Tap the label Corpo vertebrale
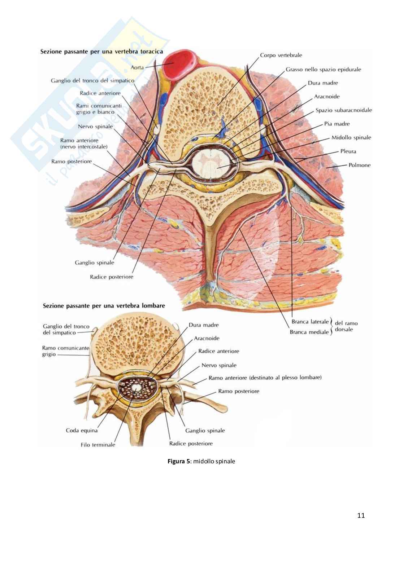point(281,56)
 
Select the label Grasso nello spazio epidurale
point(323,69)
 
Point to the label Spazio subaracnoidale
point(343,110)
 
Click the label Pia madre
point(337,124)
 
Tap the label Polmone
point(359,165)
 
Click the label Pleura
point(348,151)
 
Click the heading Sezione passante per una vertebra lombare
point(104,306)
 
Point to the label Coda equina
point(82,430)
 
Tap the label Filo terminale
point(98,445)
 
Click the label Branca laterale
point(310,322)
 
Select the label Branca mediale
point(309,332)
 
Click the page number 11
point(361,515)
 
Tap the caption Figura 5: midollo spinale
point(201,461)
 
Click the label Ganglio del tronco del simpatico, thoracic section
point(92,81)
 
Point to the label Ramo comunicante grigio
point(65,351)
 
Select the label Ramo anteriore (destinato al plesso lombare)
point(265,378)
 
